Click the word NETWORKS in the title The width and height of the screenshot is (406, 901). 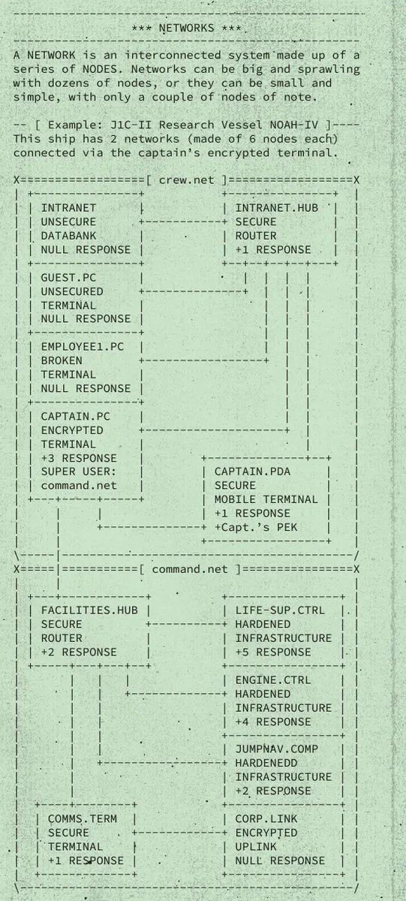point(187,29)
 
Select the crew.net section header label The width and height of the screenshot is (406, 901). point(187,179)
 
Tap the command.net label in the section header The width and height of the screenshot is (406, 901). point(190,569)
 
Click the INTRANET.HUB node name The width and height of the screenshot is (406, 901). point(277,208)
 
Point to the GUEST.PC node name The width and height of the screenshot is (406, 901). point(68,278)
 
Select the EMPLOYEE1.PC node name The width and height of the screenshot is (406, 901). point(83,347)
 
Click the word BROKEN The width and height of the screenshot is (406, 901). point(62,360)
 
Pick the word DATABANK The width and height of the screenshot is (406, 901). point(68,236)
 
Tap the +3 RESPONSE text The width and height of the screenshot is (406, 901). point(79,458)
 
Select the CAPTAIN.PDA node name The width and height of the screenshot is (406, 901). point(252,472)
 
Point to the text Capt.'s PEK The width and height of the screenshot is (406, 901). point(259,527)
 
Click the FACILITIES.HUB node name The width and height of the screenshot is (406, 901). point(89,610)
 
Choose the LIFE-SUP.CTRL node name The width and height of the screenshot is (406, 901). point(280,610)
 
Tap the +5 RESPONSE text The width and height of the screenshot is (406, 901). point(273,652)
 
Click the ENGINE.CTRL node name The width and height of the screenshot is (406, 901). point(273,680)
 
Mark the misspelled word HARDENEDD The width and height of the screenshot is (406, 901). point(266,763)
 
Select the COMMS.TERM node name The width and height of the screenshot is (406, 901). point(83,818)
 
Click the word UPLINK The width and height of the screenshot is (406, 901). point(256,847)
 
